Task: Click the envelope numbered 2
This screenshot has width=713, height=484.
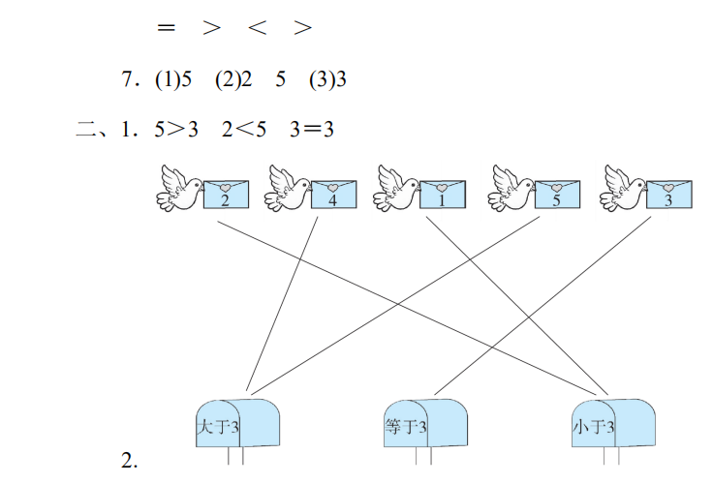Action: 226,195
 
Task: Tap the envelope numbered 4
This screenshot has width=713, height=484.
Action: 333,195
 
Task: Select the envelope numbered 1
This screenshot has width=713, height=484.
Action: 442,195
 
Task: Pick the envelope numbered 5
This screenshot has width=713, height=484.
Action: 556,195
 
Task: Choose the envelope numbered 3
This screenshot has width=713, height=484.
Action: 668,195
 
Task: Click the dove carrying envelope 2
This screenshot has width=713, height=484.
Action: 178,188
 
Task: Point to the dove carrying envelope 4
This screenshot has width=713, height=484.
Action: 288,188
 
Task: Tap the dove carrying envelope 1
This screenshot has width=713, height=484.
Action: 396,188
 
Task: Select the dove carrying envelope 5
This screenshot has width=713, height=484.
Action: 511,188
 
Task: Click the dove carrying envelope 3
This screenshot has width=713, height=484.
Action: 623,188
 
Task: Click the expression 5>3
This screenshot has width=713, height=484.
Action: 175,129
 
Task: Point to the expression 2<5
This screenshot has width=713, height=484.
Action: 243,129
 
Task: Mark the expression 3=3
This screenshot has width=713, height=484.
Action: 311,129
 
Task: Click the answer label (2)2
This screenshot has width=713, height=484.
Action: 233,81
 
